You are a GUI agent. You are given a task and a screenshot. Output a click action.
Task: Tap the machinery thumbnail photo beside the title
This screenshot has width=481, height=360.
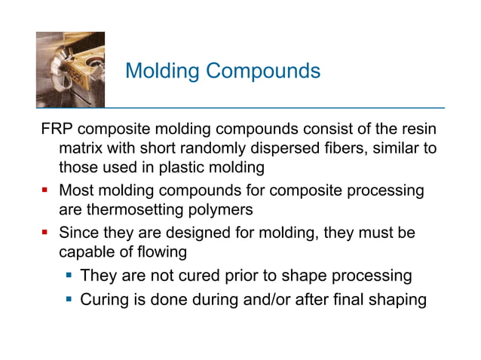[70, 69]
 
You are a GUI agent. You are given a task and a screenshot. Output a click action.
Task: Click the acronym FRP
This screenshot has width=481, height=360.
[56, 130]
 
